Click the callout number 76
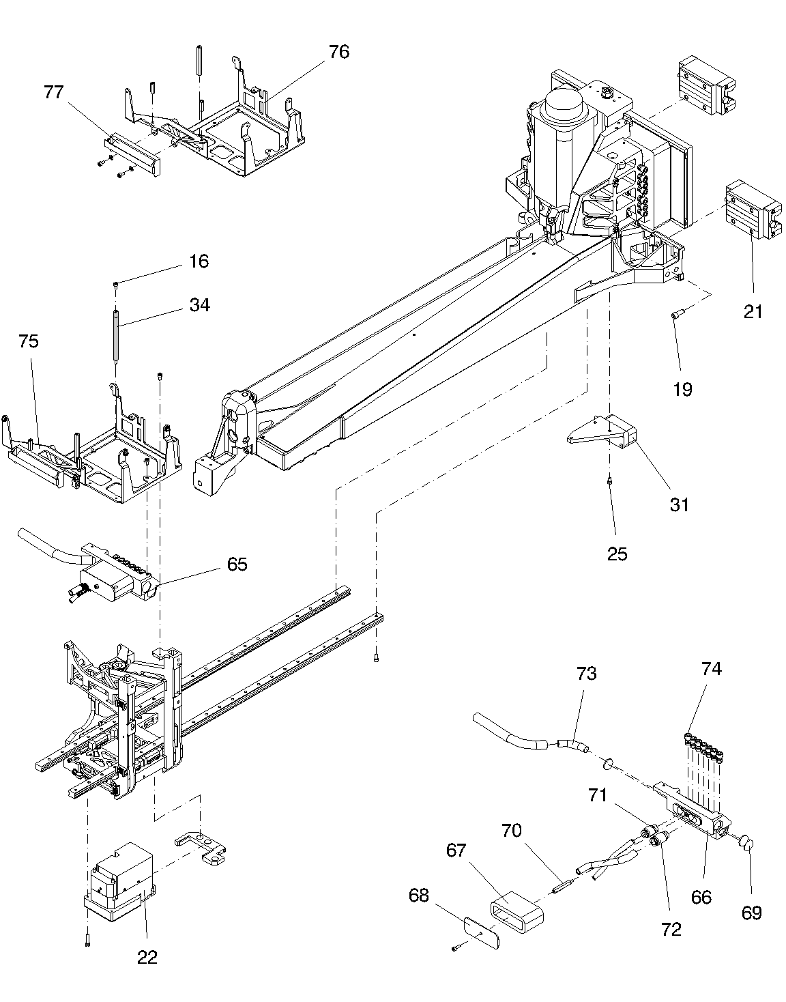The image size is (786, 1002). pyautogui.click(x=339, y=52)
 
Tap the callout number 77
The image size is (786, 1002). pyautogui.click(x=53, y=92)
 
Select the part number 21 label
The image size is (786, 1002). pyautogui.click(x=753, y=312)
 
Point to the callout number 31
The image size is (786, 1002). pyautogui.click(x=680, y=505)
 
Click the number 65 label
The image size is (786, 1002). pyautogui.click(x=237, y=564)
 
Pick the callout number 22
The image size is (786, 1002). pyautogui.click(x=147, y=958)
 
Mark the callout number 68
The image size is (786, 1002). pyautogui.click(x=419, y=896)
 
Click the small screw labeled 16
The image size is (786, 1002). pyautogui.click(x=116, y=285)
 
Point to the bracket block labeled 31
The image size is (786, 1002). pyautogui.click(x=602, y=431)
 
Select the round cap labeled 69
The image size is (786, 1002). pyautogui.click(x=746, y=844)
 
